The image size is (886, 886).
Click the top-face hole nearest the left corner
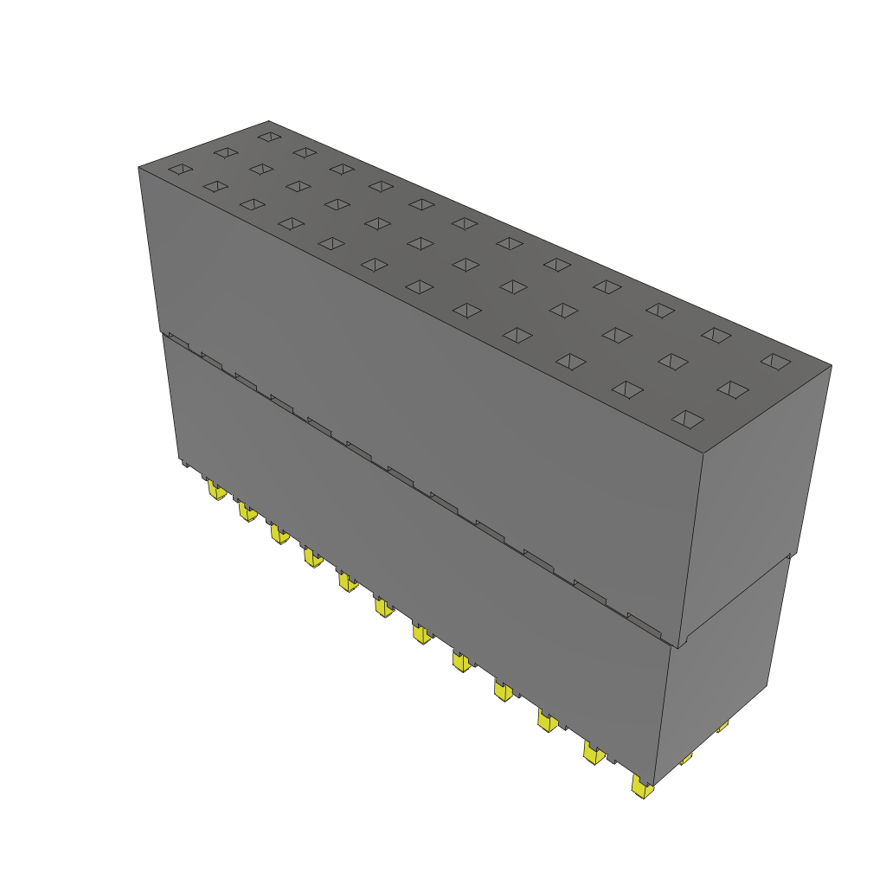tap(180, 169)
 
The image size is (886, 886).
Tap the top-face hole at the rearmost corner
tap(270, 136)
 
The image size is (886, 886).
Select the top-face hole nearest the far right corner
tap(775, 361)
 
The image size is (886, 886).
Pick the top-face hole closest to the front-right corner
tap(689, 420)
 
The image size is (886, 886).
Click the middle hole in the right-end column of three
tap(733, 389)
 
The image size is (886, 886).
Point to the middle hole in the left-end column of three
tap(226, 152)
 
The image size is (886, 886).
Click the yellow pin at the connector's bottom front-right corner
tap(641, 786)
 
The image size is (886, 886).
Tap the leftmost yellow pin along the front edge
tap(216, 491)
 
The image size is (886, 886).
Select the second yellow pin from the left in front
tap(247, 511)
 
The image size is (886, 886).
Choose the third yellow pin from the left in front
tap(279, 535)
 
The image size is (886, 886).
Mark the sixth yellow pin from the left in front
tap(382, 607)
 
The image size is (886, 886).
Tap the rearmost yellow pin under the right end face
tap(722, 726)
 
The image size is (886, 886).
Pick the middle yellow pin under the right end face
tap(685, 759)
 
